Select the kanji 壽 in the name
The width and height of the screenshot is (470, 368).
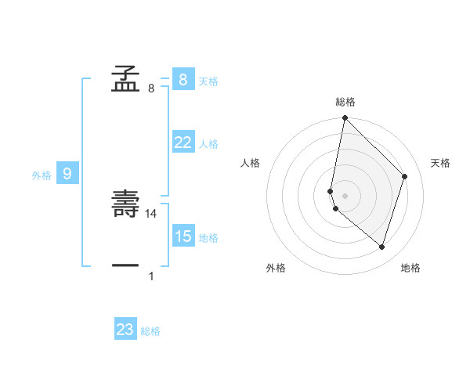tap(125, 206)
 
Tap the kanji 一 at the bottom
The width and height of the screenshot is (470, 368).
tap(125, 266)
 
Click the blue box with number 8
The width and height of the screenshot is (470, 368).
tap(183, 80)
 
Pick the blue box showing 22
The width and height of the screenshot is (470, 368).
tap(183, 143)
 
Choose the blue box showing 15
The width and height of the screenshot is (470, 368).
tap(183, 236)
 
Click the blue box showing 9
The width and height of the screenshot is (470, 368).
tap(67, 174)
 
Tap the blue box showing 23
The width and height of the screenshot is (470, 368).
tap(125, 330)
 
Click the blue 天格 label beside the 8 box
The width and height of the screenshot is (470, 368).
tap(208, 81)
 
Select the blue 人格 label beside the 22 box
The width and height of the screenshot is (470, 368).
tap(208, 144)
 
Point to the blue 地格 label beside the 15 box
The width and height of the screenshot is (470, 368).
tap(208, 238)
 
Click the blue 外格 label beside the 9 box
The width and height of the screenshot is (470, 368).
tap(42, 175)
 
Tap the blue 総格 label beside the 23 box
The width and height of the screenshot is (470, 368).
tap(150, 331)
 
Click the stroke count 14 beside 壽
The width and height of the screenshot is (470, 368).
tap(152, 213)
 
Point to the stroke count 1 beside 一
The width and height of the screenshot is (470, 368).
tap(151, 276)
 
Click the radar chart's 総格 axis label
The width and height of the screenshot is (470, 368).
tap(345, 102)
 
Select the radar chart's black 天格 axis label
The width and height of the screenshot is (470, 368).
tap(440, 163)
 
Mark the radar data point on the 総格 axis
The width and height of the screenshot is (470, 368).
tap(345, 118)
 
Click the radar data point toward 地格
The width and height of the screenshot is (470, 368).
tap(381, 247)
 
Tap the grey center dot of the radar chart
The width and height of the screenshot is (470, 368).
tap(345, 195)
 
